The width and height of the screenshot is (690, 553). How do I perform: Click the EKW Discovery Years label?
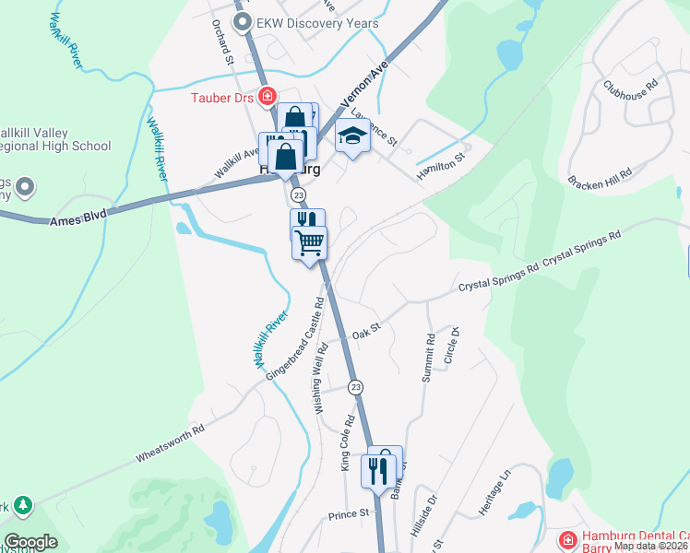coord(304,23)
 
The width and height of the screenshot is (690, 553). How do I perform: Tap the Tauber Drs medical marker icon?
coord(268,95)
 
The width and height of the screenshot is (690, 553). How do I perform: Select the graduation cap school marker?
coord(351,137)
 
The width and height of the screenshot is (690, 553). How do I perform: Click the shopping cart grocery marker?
coord(310,242)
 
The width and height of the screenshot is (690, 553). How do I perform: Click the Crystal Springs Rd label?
coord(498,279)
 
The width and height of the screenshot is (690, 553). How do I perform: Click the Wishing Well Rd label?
coord(323,378)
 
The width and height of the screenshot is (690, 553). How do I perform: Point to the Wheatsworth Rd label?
coord(170,442)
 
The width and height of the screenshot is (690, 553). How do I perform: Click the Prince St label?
coord(349,512)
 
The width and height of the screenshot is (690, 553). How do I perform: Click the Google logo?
coord(30,541)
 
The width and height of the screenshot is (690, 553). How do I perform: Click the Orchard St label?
coord(223,42)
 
